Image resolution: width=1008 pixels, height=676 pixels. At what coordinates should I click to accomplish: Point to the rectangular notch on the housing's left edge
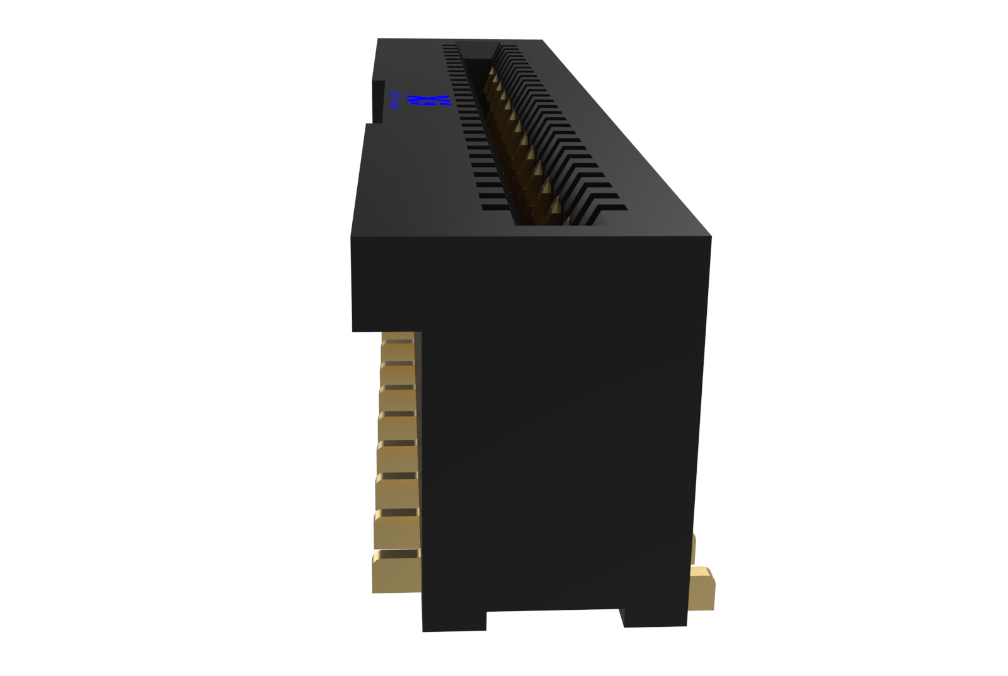377,102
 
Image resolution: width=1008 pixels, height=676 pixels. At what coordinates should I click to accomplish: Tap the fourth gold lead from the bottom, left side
397,458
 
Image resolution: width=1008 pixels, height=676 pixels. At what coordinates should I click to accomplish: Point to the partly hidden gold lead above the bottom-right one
693,548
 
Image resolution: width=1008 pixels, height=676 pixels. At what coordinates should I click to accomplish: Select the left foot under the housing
454,621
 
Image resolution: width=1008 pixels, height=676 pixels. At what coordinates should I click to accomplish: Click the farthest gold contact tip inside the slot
491,72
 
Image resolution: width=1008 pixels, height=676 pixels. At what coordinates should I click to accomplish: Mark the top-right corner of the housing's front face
711,238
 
